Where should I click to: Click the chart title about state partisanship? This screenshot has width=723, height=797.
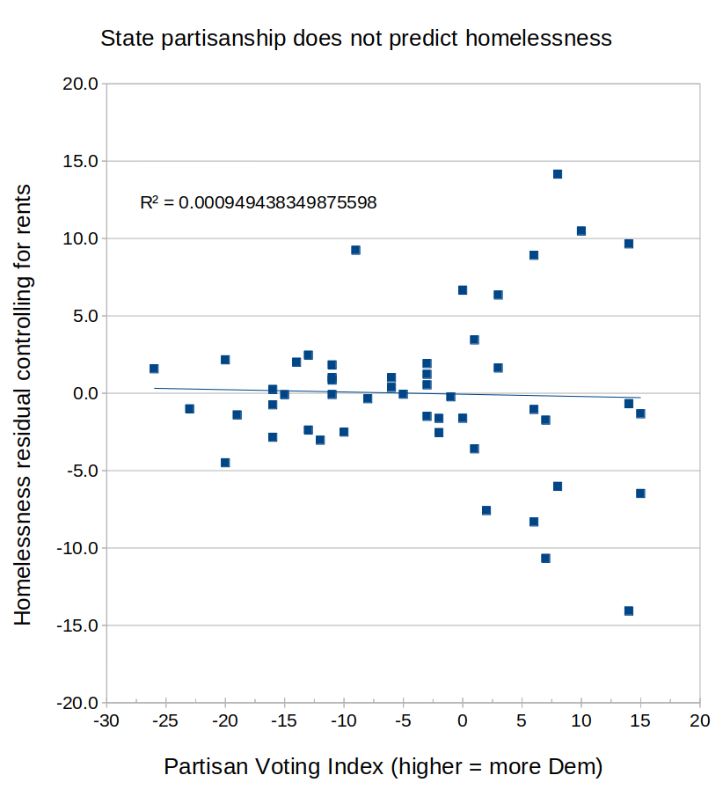[355, 39]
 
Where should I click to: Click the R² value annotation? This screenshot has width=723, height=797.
[259, 202]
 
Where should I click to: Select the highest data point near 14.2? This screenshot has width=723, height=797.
[558, 174]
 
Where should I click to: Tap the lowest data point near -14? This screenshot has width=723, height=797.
[629, 611]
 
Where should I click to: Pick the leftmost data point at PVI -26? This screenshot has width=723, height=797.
[154, 369]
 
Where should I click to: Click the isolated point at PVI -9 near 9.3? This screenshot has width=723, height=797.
[355, 250]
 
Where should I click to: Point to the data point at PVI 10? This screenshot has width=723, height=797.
[581, 231]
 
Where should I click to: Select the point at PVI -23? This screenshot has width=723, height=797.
[189, 409]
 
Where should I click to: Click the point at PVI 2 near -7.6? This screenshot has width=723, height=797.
[486, 510]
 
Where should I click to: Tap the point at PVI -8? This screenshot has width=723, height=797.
[368, 398]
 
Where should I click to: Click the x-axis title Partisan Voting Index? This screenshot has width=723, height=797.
[383, 766]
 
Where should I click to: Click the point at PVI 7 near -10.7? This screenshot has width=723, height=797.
[545, 559]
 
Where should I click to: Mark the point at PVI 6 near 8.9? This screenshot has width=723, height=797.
[534, 255]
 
